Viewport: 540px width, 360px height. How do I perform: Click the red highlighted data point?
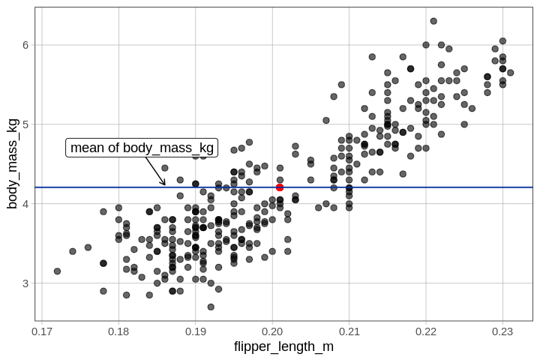click(x=280, y=187)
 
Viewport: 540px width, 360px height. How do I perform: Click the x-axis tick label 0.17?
click(x=42, y=331)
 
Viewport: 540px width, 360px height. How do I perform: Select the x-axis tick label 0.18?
click(x=118, y=331)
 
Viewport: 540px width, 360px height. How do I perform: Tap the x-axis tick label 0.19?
click(x=196, y=331)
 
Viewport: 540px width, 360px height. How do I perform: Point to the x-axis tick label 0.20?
click(x=272, y=331)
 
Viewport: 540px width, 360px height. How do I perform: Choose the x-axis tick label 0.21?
click(x=349, y=331)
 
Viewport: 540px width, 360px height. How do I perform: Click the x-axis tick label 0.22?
click(x=426, y=331)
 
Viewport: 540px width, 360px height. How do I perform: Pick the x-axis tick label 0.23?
click(x=502, y=331)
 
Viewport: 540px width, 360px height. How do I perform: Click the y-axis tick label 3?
click(x=25, y=283)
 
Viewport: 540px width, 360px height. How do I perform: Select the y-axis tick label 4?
click(x=25, y=204)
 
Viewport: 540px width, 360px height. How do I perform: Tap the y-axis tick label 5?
click(x=25, y=124)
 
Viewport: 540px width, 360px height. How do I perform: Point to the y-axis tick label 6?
click(x=25, y=45)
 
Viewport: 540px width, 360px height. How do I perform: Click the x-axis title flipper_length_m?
click(x=283, y=346)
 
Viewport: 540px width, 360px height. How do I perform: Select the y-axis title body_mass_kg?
click(x=12, y=163)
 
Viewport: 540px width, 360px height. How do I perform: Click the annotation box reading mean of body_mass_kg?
click(x=142, y=148)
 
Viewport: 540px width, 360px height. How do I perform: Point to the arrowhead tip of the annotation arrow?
click(x=165, y=185)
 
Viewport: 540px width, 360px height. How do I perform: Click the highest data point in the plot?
click(x=433, y=21)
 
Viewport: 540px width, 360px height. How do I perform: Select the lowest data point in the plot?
click(x=211, y=307)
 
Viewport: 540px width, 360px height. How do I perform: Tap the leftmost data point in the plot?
click(x=57, y=271)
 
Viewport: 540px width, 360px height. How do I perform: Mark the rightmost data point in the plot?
click(x=510, y=73)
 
